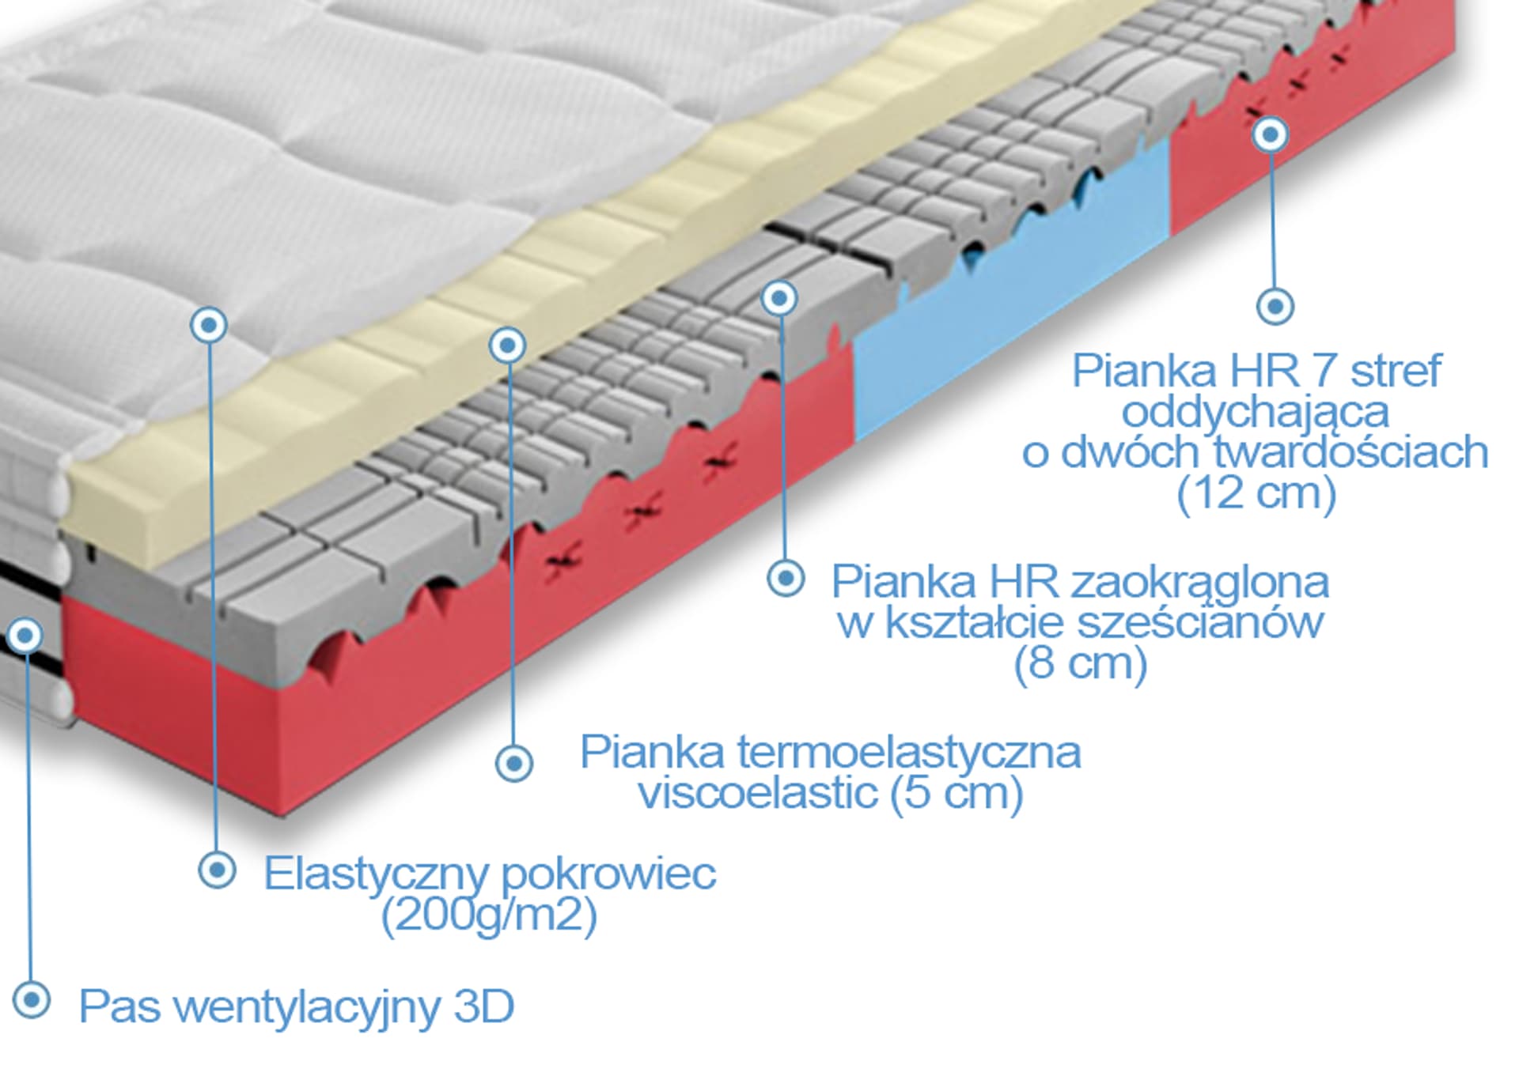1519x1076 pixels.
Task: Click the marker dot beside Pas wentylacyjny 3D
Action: click(32, 999)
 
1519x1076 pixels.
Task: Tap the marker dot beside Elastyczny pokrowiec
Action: click(217, 870)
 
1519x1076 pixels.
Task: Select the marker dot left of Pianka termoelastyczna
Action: click(514, 763)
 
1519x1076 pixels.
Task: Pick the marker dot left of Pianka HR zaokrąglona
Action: click(786, 579)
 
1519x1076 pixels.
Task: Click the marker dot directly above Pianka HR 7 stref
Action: click(1275, 305)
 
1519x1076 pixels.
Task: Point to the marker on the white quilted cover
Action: click(209, 324)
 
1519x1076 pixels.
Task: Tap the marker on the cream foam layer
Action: click(507, 345)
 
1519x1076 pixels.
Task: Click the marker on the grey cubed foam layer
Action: click(779, 298)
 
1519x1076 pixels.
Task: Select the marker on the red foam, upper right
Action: click(1270, 134)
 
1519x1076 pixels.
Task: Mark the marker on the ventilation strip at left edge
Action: click(26, 635)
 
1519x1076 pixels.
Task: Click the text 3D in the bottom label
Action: click(484, 1006)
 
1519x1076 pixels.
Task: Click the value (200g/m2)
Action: click(489, 916)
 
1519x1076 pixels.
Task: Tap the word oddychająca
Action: click(1255, 412)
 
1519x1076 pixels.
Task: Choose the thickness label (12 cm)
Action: click(1256, 493)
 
